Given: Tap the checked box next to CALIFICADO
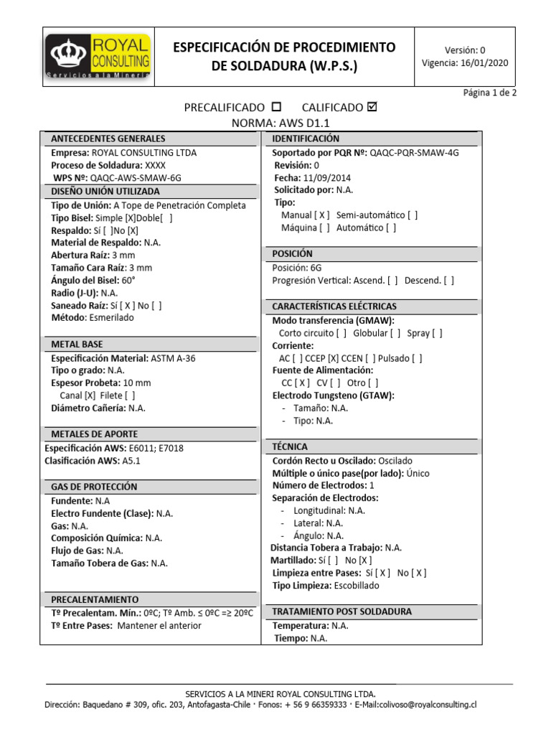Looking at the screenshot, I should [x=371, y=107].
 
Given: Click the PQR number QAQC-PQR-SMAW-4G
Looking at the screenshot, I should [x=414, y=153].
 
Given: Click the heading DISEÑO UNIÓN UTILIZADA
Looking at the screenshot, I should [x=105, y=192].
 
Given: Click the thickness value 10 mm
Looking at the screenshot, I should [x=137, y=383].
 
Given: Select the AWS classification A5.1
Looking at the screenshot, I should [x=131, y=461].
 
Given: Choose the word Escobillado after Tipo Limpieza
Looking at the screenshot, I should [x=357, y=585].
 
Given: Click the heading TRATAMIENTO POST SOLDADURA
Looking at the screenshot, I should [x=342, y=612].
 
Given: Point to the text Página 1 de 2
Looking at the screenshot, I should [x=489, y=93].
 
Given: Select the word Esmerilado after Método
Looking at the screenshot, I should [x=110, y=317].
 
